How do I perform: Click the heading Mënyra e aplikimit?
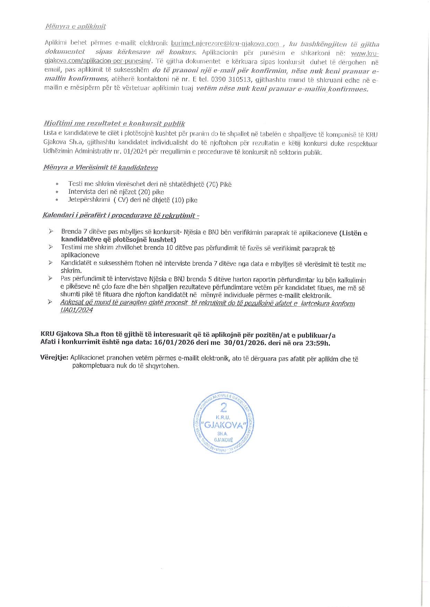pos(76,26)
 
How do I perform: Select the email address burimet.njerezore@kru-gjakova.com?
pos(225,44)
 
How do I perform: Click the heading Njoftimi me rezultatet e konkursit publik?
pos(114,123)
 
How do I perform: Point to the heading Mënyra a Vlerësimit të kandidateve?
pos(100,168)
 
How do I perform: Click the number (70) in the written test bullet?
pos(212,184)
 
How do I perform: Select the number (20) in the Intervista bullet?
pos(144,192)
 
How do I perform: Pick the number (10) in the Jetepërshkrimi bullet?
pos(178,200)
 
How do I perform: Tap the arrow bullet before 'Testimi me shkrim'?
pos(51,247)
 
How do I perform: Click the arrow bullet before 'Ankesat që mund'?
pos(50,302)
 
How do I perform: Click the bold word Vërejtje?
pos(54,357)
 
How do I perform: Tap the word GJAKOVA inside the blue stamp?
pos(223,425)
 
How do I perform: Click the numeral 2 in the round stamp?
pos(223,407)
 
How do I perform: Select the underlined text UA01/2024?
pos(76,310)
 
